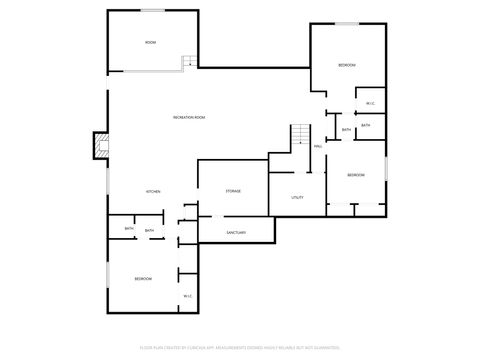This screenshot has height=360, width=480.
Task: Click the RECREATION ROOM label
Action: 188,118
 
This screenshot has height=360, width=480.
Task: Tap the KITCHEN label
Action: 154,191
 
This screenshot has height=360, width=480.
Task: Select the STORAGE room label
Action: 232,191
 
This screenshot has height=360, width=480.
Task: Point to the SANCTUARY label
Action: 236,233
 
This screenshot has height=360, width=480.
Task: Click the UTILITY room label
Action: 297,198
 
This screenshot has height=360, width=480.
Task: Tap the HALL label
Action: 317,147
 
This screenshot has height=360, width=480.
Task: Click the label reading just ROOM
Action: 150,43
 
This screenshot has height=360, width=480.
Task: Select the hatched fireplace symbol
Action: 98,145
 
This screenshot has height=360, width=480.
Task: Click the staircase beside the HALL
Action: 300,137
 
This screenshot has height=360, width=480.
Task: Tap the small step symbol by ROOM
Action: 187,63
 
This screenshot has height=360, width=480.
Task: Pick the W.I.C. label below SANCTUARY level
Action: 188,295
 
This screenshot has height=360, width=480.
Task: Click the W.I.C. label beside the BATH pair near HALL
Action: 370,104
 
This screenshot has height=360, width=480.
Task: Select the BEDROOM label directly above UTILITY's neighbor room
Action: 356,175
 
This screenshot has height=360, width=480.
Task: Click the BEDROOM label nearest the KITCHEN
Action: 143,279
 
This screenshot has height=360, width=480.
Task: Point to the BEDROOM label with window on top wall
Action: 347,65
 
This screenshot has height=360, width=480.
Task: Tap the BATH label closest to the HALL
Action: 346,130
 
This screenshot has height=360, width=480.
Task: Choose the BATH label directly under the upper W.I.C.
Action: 366,125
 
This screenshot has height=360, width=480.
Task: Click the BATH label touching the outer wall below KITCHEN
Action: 129,230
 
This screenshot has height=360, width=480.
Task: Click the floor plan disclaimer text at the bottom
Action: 240,347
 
